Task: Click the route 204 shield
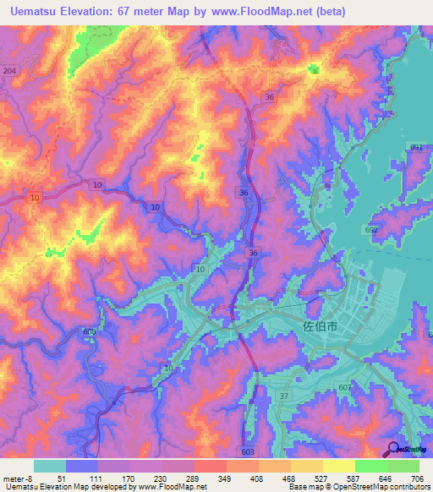(x=9, y=71)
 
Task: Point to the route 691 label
(x=416, y=147)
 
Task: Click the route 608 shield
(x=90, y=332)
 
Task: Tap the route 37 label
(x=284, y=396)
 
